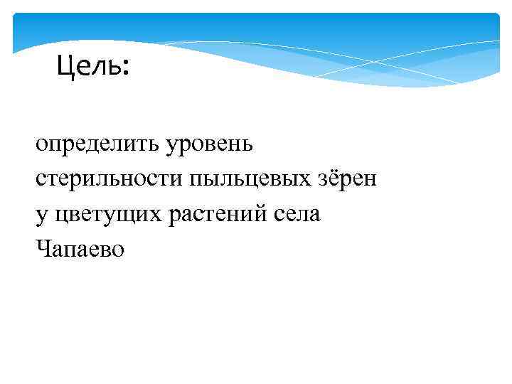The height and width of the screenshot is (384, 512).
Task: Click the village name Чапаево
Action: [78, 248]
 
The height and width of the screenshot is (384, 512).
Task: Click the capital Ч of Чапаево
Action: [42, 247]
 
